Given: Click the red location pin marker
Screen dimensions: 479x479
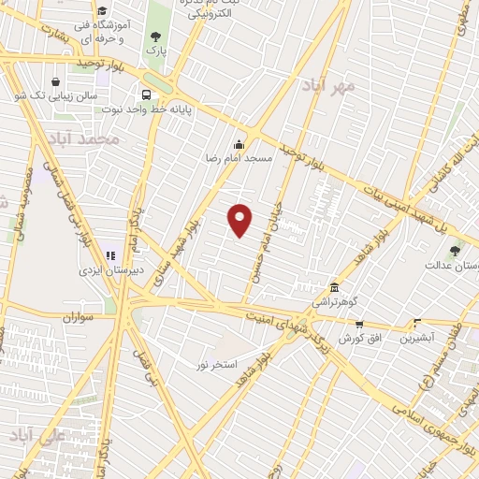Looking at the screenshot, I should (240, 220).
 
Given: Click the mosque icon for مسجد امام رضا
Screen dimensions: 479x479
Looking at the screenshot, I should (239, 144).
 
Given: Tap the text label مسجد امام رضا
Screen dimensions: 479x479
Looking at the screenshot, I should (239, 159).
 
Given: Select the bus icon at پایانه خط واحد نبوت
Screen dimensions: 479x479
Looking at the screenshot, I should (147, 94).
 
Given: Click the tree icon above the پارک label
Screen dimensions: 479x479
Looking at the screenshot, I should (155, 36).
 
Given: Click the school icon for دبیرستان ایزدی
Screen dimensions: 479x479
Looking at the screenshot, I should (110, 255).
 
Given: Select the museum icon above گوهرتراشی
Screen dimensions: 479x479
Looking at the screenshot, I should (334, 287).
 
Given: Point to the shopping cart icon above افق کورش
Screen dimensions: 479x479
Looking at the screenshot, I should (358, 324).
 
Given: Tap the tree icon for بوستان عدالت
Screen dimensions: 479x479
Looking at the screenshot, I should (455, 250).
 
